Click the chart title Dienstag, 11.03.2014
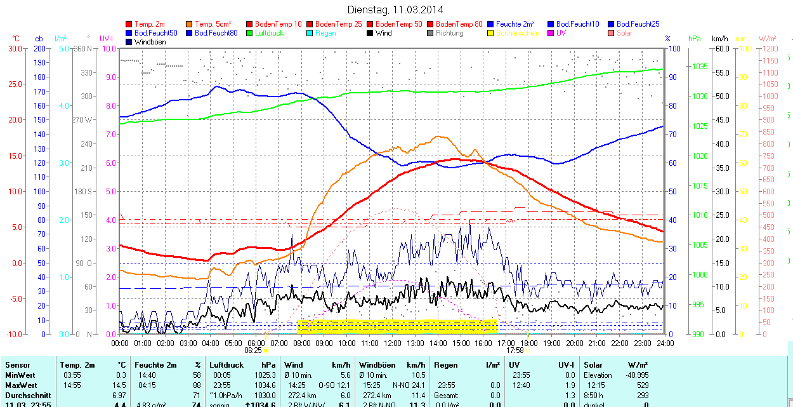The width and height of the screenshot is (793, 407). [x=396, y=10]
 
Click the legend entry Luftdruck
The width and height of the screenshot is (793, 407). [x=268, y=33]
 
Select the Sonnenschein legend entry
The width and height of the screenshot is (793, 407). [x=518, y=33]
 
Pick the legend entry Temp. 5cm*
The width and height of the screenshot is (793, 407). [x=213, y=24]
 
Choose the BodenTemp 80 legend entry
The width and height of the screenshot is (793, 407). [x=459, y=24]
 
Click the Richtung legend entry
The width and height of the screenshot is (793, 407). [x=449, y=33]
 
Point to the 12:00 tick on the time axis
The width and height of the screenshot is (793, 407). [x=392, y=343]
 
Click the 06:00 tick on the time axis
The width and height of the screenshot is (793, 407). [x=256, y=343]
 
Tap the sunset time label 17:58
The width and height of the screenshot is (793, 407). [x=514, y=350]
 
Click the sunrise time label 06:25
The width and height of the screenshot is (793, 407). [x=252, y=350]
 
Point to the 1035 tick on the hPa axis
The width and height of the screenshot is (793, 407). [x=700, y=67]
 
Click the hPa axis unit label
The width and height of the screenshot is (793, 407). [x=695, y=39]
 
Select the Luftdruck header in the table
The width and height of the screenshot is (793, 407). [x=226, y=365]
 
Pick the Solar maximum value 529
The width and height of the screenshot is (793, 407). [x=642, y=385]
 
